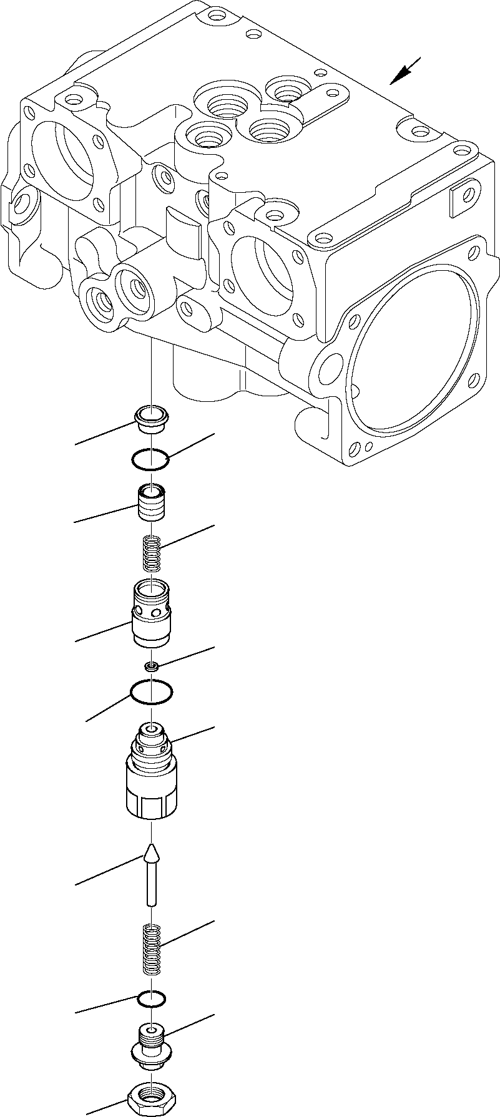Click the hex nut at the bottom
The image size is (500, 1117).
click(x=150, y=1095)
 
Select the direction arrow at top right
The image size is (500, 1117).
click(x=404, y=71)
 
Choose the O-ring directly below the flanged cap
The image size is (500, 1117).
click(x=151, y=459)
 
